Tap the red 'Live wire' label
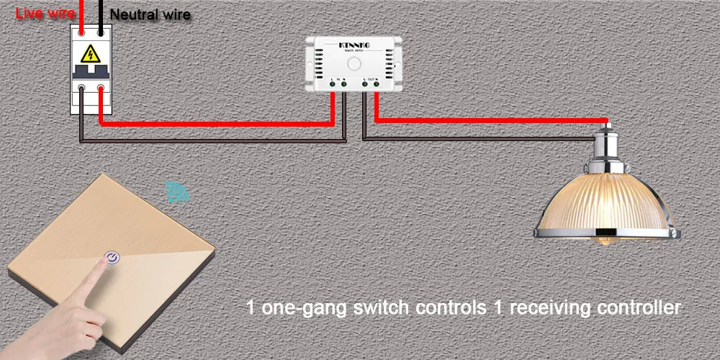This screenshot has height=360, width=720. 44,12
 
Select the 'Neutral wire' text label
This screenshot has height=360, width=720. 150,14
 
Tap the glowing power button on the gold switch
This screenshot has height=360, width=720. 112,256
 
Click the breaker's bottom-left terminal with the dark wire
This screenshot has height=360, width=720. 84,89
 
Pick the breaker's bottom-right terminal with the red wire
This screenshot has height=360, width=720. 101,89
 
